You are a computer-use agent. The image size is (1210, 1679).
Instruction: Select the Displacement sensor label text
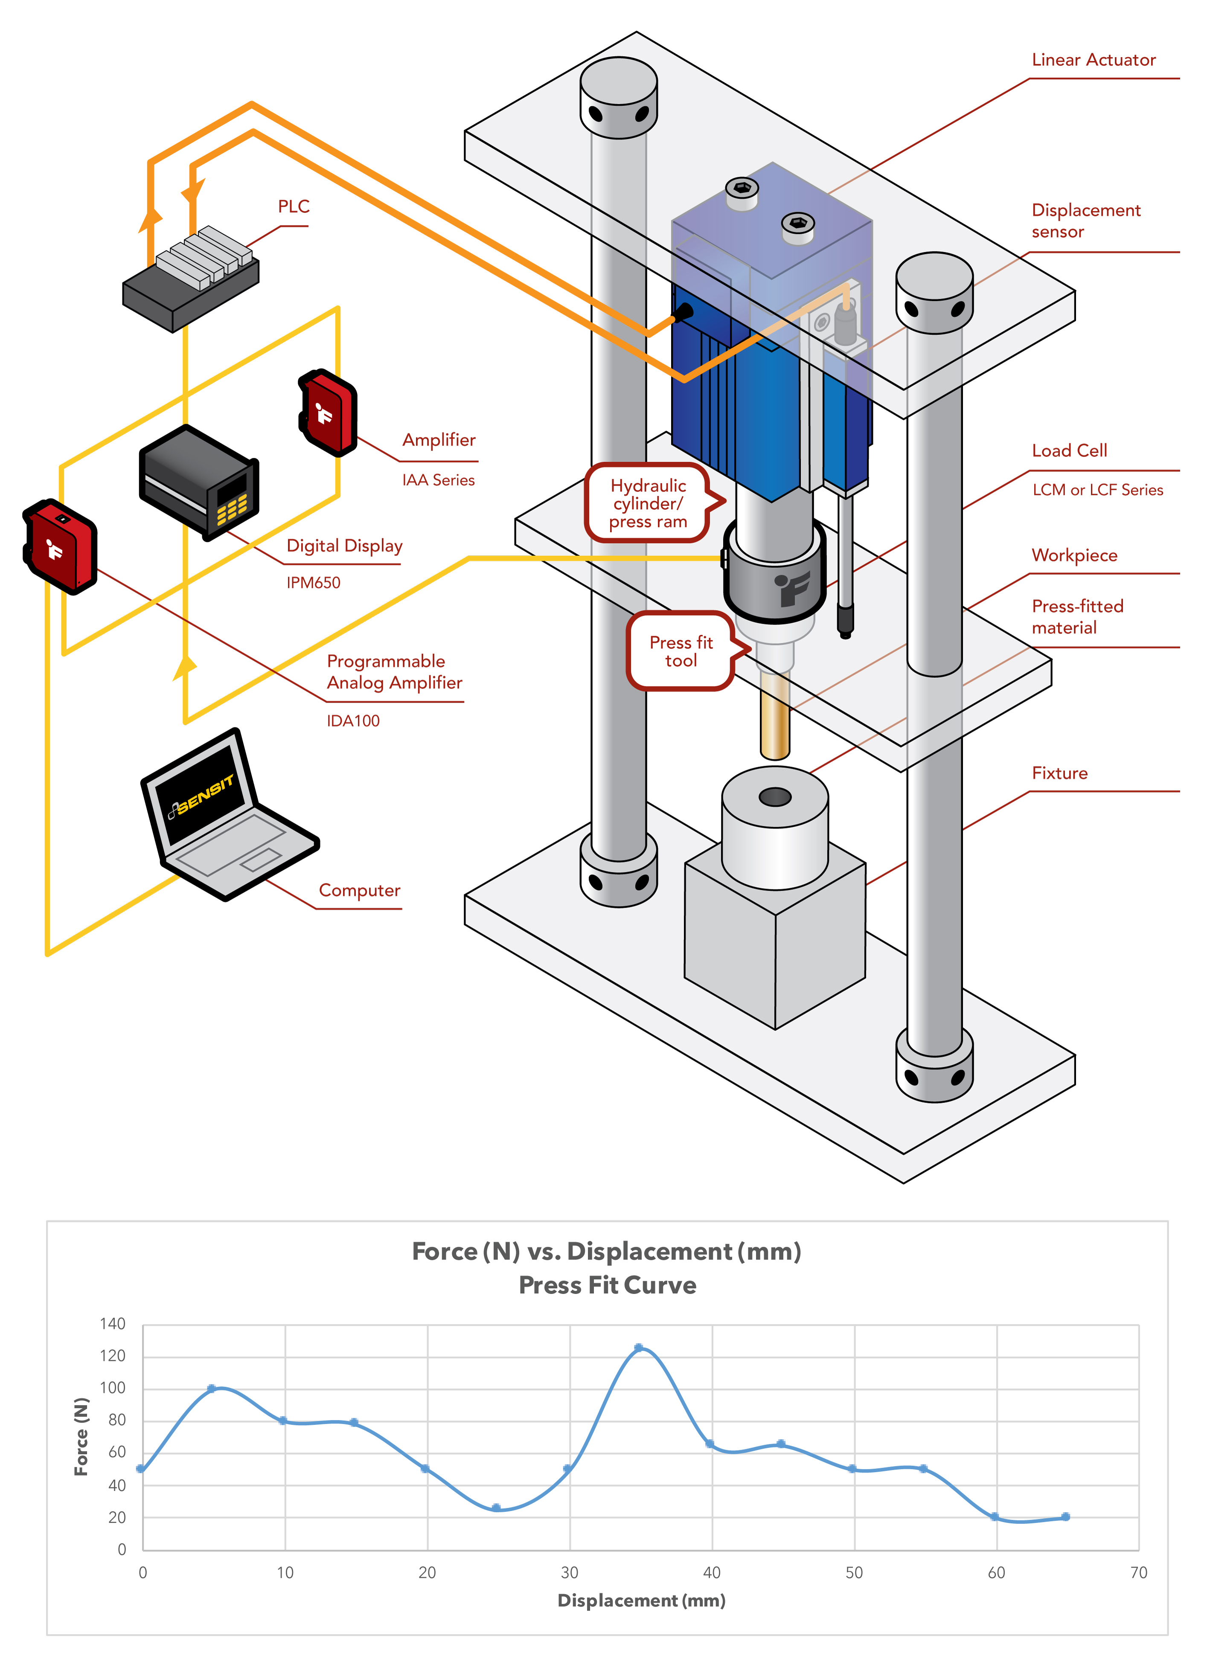[x=1085, y=221]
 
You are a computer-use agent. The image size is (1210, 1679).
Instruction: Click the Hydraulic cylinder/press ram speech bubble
[x=648, y=503]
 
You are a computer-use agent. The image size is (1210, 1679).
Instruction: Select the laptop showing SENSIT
[x=222, y=814]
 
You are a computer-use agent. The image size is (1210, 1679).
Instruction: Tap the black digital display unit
[x=198, y=481]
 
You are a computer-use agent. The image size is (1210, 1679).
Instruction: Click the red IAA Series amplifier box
[x=328, y=413]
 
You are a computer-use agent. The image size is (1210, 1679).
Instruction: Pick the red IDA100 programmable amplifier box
[x=61, y=546]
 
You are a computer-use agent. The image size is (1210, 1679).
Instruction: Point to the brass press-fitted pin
[x=774, y=715]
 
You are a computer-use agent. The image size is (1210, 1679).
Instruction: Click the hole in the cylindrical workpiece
[x=774, y=797]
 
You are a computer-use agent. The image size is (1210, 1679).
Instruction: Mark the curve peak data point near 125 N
[x=638, y=1348]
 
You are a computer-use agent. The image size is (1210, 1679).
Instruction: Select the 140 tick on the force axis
[x=113, y=1324]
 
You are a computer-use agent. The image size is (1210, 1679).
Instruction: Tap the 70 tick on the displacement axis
[x=1138, y=1572]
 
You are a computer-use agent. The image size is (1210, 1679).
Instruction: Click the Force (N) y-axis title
[x=81, y=1436]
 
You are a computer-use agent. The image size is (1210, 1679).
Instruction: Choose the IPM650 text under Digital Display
[x=313, y=583]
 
